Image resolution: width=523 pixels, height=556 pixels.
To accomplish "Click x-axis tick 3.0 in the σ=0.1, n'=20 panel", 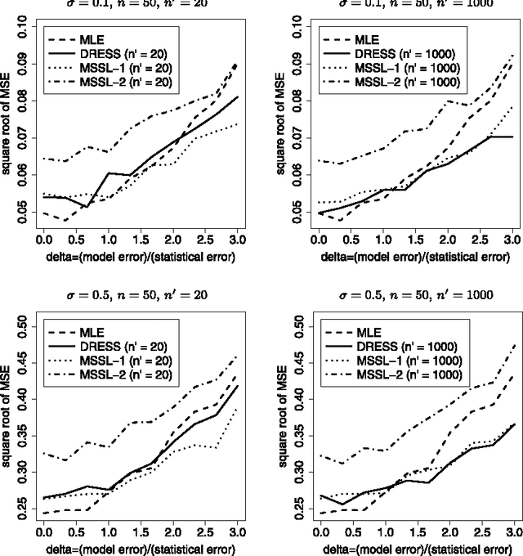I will [236, 243].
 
